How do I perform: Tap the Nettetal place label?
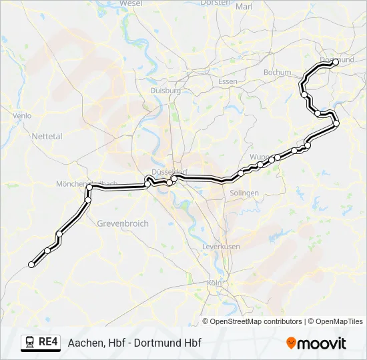tap(47, 136)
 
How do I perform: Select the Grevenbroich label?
tap(123, 223)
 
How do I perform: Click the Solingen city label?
tap(244, 193)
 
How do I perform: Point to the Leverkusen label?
tap(221, 246)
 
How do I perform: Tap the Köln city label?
tap(214, 283)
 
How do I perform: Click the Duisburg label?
tap(166, 90)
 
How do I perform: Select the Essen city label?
tap(228, 81)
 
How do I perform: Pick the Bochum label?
tap(278, 72)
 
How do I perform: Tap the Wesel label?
tap(131, 3)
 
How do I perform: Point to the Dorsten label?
tap(215, 3)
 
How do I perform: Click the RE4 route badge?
tap(48, 342)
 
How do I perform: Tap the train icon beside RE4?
tap(30, 342)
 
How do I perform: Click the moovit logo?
tap(316, 343)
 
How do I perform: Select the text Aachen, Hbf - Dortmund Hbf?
tap(134, 343)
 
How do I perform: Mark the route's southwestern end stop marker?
tap(31, 265)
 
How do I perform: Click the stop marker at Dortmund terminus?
tap(335, 63)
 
